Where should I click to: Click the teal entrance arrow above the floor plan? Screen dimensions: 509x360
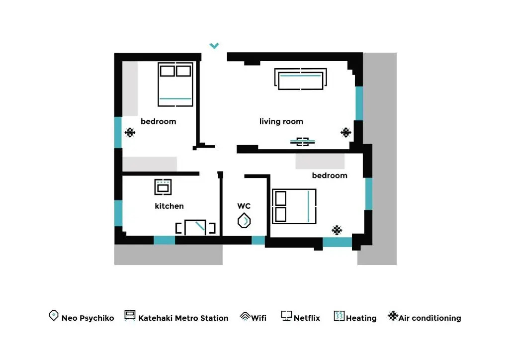pos(214,45)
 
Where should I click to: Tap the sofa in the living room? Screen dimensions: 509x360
pos(301,79)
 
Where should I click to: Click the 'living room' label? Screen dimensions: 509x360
pos(281,121)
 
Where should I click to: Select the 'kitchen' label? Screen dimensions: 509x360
pos(169,206)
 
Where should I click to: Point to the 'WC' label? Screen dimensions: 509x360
pos(244,206)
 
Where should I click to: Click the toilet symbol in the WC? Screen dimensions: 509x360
pos(244,221)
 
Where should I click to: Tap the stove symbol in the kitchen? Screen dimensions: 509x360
pos(163,187)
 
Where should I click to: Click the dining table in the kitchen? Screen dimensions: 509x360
pos(195,228)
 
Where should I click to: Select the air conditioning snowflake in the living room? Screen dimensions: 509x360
pos(346,132)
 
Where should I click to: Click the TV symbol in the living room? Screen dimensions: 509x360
pos(303,142)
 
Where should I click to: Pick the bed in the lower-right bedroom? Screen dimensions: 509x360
pos(294,206)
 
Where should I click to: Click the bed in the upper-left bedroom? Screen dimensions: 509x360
pos(175,85)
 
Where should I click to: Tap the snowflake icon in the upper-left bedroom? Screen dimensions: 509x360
pos(130,132)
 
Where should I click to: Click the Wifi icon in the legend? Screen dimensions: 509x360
pos(245,316)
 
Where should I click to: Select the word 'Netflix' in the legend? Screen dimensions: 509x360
pos(307,318)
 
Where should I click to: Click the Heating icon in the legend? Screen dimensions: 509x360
pos(339,316)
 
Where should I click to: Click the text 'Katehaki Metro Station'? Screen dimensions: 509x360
pos(183,318)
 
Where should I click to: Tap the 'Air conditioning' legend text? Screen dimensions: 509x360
pos(430,318)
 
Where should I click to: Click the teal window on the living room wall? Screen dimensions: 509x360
pos(359,103)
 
